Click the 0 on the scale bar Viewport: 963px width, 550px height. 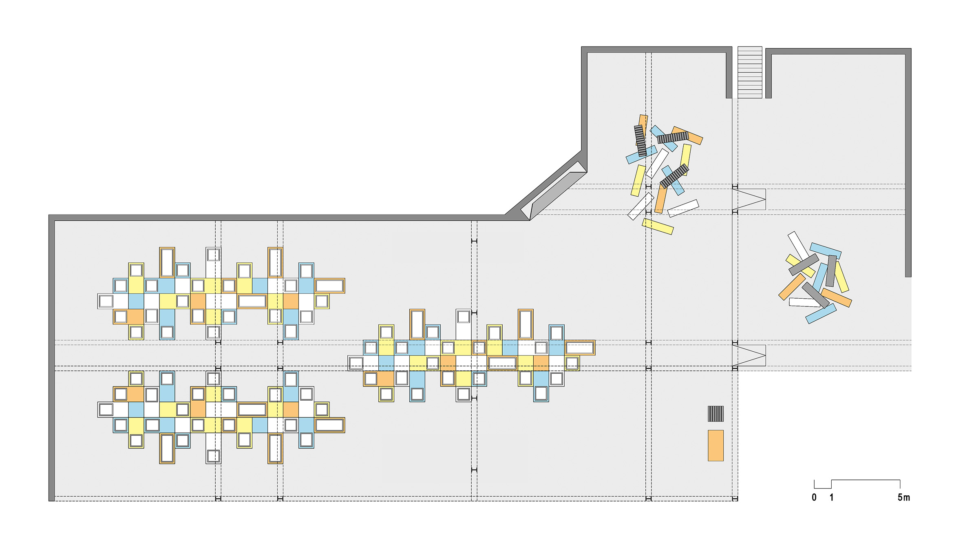pos(814,497)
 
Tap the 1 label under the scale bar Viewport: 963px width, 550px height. pos(831,497)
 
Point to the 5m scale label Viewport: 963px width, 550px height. pos(904,497)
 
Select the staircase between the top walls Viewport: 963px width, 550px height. pos(750,72)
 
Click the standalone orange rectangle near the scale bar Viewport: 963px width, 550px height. pos(716,446)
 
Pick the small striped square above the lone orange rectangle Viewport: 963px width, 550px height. pos(716,414)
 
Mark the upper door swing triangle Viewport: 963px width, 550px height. pos(749,199)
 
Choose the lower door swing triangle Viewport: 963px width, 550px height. pos(749,355)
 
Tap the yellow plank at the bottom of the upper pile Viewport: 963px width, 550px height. pos(658,226)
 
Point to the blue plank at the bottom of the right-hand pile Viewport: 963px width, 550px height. pos(821,314)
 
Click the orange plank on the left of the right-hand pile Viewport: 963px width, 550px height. pos(792,287)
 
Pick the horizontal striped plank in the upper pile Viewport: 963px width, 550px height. pos(673,137)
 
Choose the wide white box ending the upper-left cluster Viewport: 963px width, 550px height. pos(329,286)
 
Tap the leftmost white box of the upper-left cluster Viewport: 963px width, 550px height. pos(106,301)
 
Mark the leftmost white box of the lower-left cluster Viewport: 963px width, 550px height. pos(106,409)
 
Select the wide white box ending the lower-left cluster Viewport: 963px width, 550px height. pos(329,425)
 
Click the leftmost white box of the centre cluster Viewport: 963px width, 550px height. pos(356,363)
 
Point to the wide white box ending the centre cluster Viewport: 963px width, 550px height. pos(580,348)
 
